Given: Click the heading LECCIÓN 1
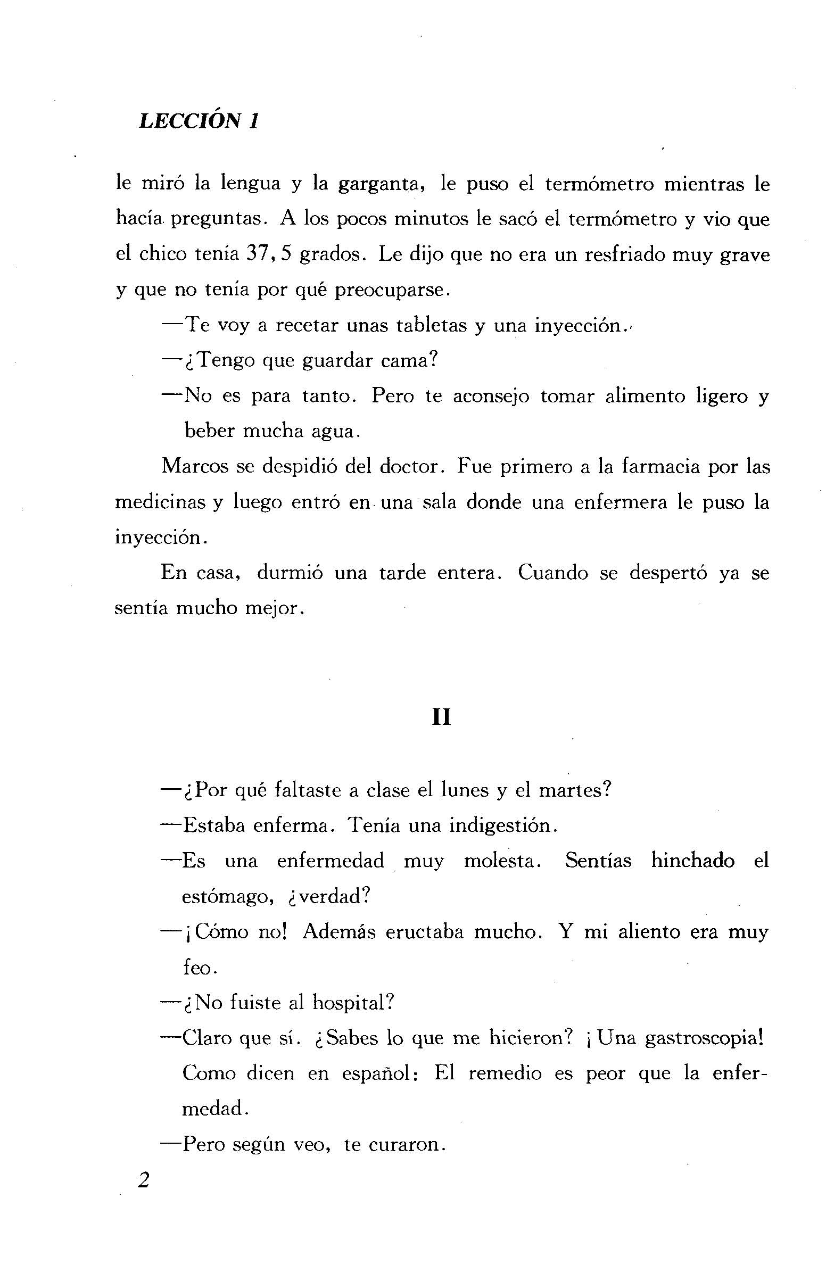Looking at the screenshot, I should coord(199,122).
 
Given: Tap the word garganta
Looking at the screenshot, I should coord(380,184).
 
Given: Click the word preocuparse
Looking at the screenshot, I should coord(392,291).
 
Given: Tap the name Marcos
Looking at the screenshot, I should coord(195,467).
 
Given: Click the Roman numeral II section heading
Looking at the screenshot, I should coord(441,718).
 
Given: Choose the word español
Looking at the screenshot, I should coord(375,1074).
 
